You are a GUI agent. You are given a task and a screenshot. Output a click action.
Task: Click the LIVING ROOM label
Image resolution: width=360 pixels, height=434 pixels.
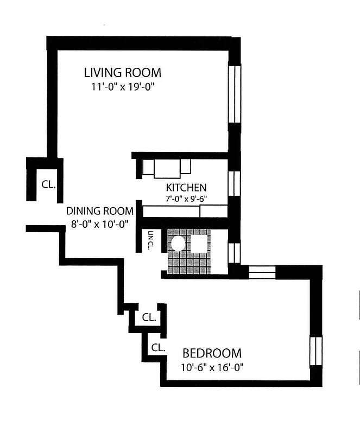[122, 72]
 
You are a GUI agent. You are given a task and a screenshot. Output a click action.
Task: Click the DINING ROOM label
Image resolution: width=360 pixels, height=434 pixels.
[99, 211]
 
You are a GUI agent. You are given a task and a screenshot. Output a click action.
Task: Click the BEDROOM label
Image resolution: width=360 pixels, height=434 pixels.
[212, 353]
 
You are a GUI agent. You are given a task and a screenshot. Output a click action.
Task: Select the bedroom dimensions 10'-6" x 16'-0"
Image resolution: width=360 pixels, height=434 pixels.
[212, 367]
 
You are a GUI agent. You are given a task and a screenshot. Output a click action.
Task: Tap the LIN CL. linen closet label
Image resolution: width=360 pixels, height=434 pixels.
[150, 240]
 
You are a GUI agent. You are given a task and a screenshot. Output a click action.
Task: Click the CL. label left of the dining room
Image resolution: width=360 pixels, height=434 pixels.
[49, 184]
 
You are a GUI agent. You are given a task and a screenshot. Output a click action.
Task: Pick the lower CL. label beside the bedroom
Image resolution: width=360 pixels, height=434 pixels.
[158, 348]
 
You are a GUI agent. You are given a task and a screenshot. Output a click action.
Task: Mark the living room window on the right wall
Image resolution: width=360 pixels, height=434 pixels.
[234, 94]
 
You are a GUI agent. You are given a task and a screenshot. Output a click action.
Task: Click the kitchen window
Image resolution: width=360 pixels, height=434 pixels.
[234, 183]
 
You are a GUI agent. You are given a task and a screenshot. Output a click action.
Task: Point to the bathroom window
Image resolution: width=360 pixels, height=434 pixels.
[234, 252]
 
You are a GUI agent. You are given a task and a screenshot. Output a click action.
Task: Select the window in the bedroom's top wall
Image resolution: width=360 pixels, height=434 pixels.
[262, 270]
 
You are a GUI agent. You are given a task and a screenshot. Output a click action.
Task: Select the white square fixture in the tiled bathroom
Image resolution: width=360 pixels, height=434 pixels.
[200, 245]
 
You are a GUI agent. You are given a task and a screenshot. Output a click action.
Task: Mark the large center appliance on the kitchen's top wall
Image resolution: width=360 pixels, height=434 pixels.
[167, 167]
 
